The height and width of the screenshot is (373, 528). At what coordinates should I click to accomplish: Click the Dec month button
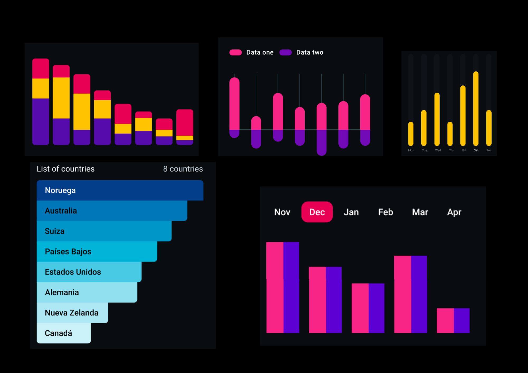point(317,212)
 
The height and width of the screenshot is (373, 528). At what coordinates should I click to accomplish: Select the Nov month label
point(282,212)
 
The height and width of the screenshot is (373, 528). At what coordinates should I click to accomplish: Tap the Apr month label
point(454,212)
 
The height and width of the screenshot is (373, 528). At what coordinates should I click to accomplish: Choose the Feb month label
point(385,212)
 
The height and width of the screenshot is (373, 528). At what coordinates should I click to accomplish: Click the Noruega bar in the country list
point(120,190)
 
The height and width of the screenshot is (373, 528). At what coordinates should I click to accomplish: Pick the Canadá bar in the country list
point(64,333)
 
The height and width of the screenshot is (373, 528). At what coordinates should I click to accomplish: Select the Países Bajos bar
point(97,251)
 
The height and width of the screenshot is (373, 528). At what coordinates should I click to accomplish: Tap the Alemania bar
point(87,292)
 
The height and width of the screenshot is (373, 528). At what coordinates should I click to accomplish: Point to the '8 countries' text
point(183,169)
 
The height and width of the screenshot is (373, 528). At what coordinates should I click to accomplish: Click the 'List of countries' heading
point(65,169)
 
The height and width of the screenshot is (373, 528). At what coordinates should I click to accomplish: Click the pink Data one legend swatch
point(235,52)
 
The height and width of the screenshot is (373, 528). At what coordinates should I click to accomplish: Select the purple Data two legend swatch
point(285,52)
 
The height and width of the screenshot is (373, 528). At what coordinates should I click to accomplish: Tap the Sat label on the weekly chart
point(476,150)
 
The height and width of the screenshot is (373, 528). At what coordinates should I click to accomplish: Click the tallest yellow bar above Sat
point(476,108)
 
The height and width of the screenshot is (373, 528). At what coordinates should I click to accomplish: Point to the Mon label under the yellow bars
point(411,150)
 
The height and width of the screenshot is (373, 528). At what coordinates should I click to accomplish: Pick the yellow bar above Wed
point(437,119)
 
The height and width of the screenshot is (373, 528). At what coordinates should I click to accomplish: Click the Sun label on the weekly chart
point(489,150)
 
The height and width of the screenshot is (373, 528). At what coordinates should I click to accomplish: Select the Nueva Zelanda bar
point(72,313)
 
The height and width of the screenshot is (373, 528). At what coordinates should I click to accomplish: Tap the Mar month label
point(420,212)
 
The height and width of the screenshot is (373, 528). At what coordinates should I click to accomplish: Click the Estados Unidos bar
point(89,272)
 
